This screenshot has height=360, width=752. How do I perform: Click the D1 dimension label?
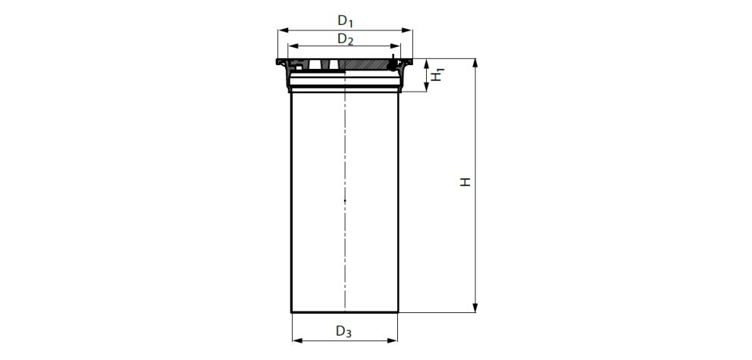345,20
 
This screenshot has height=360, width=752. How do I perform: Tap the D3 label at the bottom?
344,331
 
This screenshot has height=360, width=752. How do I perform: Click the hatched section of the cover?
364,65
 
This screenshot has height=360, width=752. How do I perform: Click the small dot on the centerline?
345,200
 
